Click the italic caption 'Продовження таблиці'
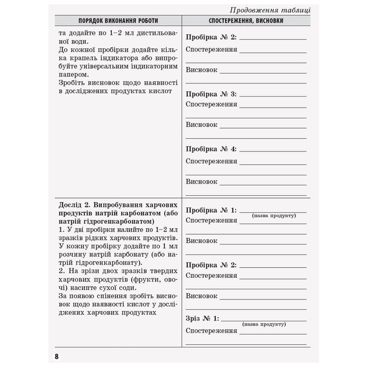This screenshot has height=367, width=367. coord(270,10)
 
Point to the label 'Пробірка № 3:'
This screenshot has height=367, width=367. coord(211,94)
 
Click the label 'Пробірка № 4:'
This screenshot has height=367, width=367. coord(211,149)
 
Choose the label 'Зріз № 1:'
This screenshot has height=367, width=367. coord(203,319)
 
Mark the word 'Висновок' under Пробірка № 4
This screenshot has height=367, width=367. coord(202,182)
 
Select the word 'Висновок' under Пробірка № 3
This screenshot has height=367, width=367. coord(202,125)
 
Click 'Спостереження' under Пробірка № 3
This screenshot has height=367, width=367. coord(211,104)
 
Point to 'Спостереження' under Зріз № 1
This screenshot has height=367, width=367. coord(211,331)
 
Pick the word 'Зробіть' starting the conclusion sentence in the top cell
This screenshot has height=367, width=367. coord(73,83)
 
